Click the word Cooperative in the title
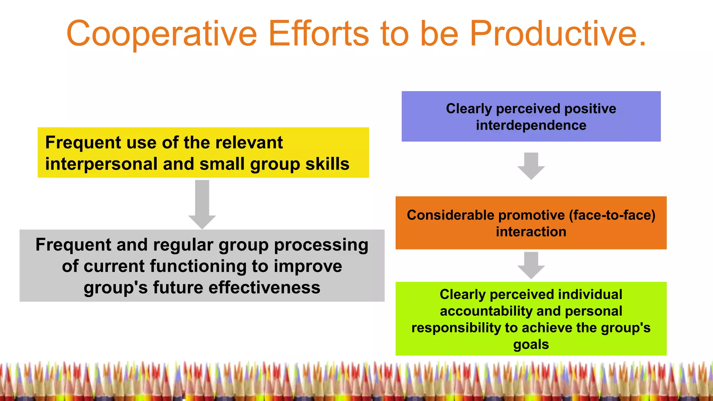click(x=161, y=34)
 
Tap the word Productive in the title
click(x=557, y=34)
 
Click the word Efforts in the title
click(x=318, y=34)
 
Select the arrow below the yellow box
click(x=202, y=204)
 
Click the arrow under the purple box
click(x=531, y=166)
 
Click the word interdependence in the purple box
click(x=531, y=125)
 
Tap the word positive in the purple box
click(x=590, y=109)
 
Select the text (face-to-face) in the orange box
click(x=612, y=215)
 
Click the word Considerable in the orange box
click(x=450, y=215)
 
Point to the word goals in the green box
click(x=531, y=344)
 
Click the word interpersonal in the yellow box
click(x=101, y=164)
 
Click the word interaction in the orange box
click(x=531, y=232)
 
